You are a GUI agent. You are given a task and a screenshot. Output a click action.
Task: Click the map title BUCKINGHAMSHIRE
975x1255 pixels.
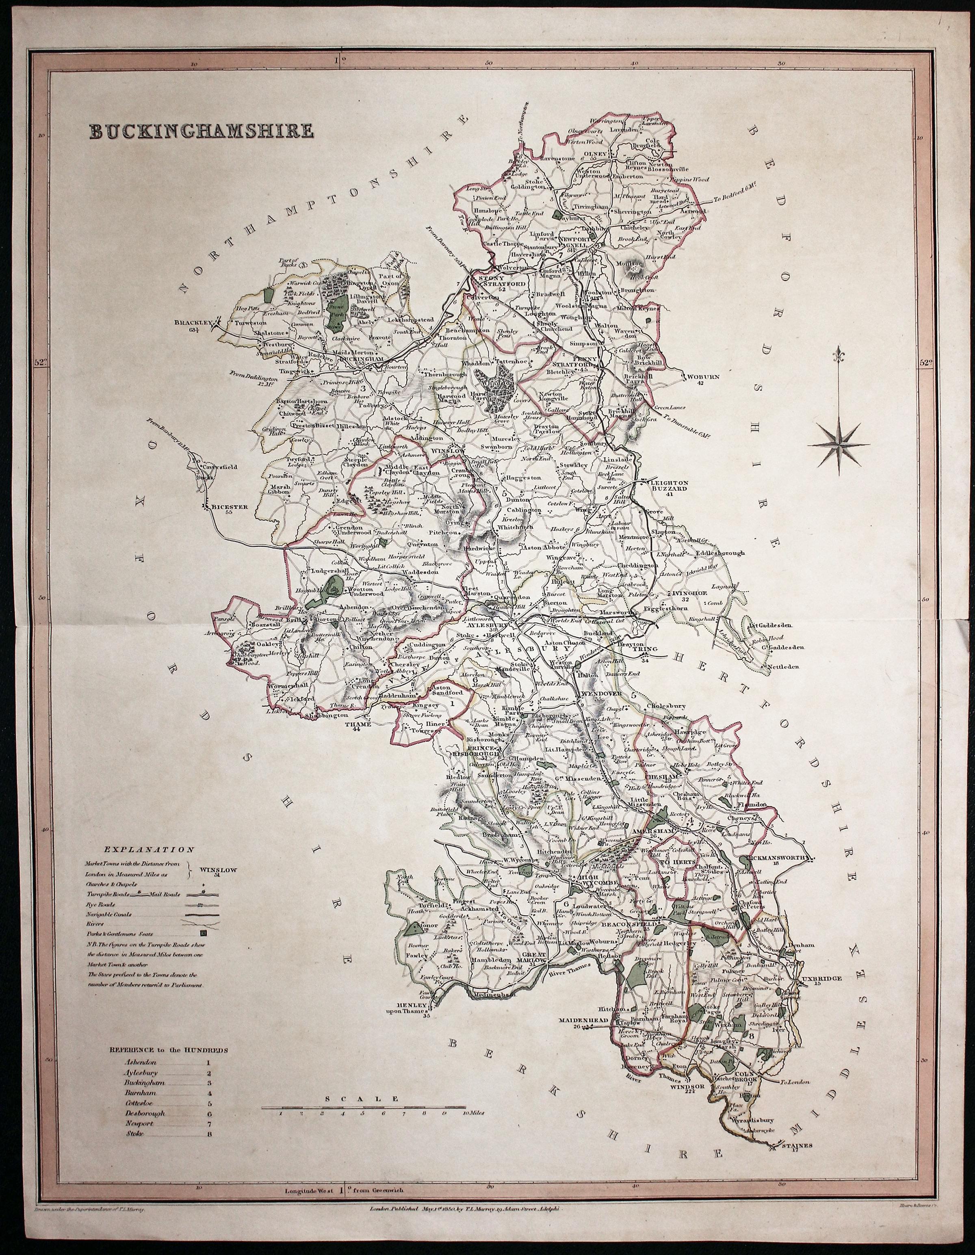(201, 131)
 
